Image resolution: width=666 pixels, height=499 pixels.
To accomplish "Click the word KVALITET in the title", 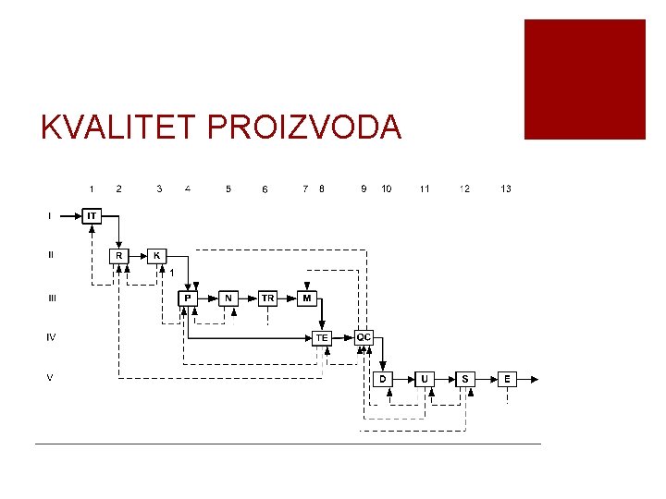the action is click(120, 128).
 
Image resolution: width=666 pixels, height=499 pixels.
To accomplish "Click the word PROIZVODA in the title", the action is click(305, 128).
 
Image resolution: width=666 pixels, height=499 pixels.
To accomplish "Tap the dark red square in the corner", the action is click(585, 79).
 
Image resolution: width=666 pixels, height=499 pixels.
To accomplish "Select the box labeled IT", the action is click(92, 216).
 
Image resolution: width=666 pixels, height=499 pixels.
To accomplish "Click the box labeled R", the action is click(118, 255).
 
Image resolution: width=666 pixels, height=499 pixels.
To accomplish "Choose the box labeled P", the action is click(188, 298).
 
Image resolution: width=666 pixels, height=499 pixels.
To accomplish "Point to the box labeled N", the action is click(228, 298).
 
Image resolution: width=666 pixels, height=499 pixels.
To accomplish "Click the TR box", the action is click(267, 298).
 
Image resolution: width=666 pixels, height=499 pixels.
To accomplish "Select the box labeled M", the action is click(307, 298).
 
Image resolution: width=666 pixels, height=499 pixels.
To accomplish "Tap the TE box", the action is click(321, 338).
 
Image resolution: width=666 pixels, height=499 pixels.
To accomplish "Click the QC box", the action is click(364, 337).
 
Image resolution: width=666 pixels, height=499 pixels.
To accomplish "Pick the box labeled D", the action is click(383, 379).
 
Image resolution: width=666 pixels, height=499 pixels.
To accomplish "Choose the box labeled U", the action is click(425, 379).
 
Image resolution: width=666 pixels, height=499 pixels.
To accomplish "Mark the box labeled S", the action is click(465, 379).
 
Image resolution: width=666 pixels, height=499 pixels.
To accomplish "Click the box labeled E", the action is click(507, 379).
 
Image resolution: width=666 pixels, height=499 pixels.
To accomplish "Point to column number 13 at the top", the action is click(506, 189).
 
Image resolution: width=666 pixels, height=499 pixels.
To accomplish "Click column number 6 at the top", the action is click(265, 189).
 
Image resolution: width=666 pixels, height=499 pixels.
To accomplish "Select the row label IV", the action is click(51, 337).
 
